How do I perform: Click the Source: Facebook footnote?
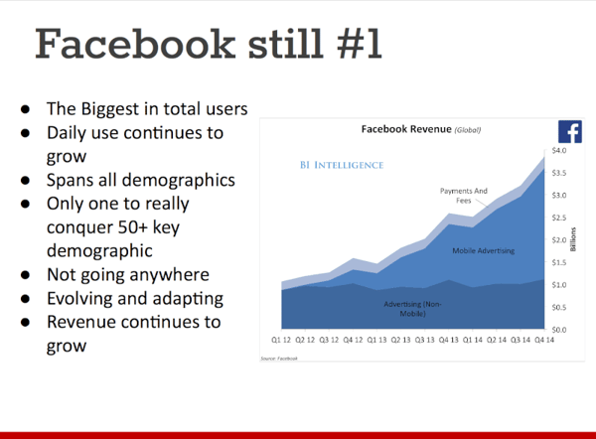point(279,358)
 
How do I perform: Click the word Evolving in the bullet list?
point(83,299)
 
